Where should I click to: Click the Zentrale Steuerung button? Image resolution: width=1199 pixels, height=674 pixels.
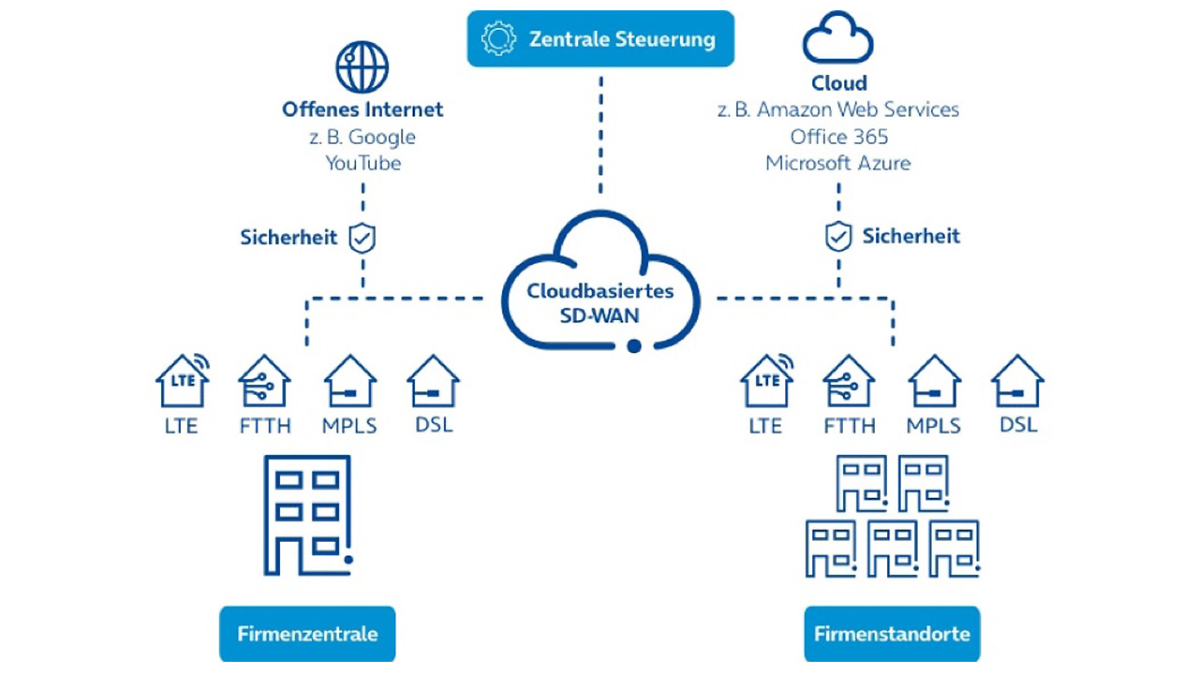pyautogui.click(x=600, y=39)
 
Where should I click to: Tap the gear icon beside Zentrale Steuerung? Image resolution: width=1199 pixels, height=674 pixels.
pyautogui.click(x=498, y=39)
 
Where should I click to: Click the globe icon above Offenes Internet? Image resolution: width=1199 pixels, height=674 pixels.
pyautogui.click(x=362, y=67)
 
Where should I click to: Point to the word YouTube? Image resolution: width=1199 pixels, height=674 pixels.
pyautogui.click(x=363, y=163)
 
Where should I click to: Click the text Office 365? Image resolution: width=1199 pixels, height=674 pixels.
pyautogui.click(x=838, y=137)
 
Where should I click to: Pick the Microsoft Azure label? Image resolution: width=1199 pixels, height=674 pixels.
pyautogui.click(x=837, y=163)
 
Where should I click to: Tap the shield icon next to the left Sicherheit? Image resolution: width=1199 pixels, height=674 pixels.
pyautogui.click(x=362, y=238)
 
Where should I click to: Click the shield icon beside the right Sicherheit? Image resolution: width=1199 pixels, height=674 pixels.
pyautogui.click(x=837, y=236)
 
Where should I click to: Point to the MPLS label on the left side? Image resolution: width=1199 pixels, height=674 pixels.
pyautogui.click(x=349, y=426)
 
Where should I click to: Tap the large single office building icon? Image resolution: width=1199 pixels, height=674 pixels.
pyautogui.click(x=307, y=515)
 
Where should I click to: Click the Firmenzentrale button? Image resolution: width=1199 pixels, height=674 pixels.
pyautogui.click(x=307, y=634)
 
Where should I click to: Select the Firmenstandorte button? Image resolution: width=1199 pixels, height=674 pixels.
pyautogui.click(x=892, y=634)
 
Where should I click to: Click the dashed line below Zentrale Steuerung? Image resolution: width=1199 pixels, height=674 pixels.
pyautogui.click(x=600, y=140)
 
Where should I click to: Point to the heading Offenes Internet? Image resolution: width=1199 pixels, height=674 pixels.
pyautogui.click(x=363, y=110)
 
